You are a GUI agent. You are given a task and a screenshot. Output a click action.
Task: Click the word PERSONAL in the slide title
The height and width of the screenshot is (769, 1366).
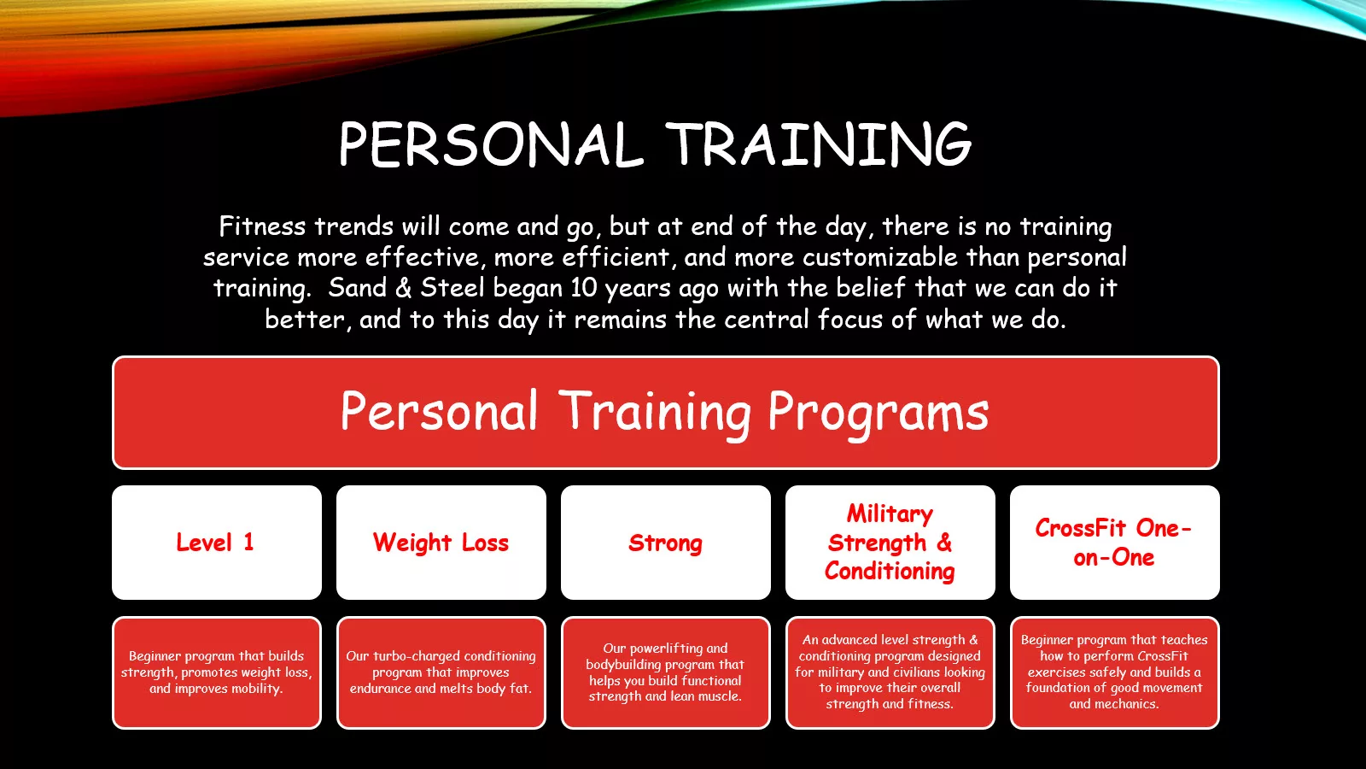click(x=491, y=144)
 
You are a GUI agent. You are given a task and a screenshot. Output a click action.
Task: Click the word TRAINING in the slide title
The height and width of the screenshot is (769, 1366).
click(x=819, y=144)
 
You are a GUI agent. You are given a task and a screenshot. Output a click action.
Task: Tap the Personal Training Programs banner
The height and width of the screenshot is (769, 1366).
click(x=665, y=413)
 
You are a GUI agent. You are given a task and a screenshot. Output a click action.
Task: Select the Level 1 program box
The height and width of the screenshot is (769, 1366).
click(x=217, y=543)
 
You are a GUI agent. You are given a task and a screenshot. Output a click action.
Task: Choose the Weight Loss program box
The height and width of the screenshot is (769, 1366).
click(x=441, y=543)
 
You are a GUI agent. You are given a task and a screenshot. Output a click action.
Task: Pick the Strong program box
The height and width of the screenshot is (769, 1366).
click(x=665, y=543)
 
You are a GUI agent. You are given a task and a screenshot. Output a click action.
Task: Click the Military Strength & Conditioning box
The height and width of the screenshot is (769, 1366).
click(x=890, y=543)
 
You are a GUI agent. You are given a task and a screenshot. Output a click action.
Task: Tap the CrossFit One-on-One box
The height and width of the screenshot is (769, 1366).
click(x=1114, y=543)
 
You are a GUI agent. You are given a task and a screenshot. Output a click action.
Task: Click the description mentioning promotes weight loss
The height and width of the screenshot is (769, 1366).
click(x=217, y=672)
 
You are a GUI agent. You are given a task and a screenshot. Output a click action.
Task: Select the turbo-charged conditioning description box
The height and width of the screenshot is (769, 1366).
click(x=441, y=672)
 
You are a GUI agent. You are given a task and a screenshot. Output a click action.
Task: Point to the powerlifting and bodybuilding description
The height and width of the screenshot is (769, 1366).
click(x=665, y=672)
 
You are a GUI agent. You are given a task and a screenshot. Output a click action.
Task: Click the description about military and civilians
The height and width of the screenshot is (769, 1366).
click(x=890, y=672)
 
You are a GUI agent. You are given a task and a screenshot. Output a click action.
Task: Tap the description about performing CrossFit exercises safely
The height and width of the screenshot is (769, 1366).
click(x=1114, y=672)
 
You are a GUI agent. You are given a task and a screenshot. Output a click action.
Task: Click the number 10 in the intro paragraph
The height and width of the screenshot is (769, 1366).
click(x=584, y=288)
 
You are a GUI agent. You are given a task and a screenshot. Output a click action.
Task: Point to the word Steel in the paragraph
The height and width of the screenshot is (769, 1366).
click(x=452, y=287)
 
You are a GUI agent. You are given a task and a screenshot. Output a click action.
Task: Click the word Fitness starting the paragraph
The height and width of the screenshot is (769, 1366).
click(x=262, y=226)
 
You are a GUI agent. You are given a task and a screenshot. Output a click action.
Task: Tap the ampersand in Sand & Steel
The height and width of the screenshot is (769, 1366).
click(x=403, y=288)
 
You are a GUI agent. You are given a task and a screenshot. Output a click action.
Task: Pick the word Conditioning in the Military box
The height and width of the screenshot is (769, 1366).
click(x=890, y=572)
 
